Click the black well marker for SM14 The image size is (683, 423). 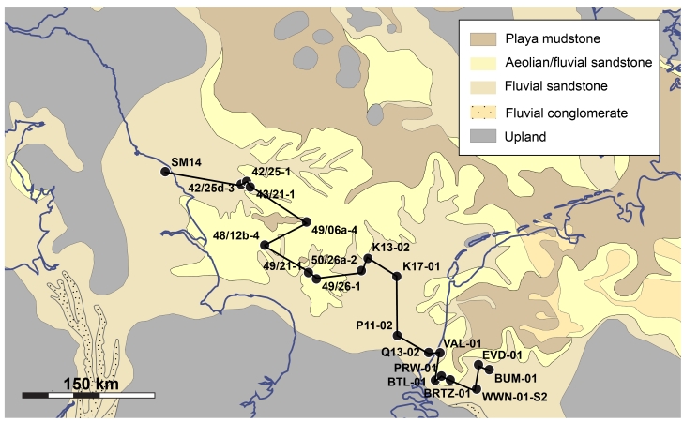click(165, 172)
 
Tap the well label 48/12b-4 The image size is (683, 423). click(236, 235)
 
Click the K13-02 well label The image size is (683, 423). click(391, 248)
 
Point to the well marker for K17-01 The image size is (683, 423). click(395, 271)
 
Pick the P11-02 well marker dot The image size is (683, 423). click(398, 336)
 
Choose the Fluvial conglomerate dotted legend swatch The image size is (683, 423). click(480, 113)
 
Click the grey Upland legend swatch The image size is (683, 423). click(480, 137)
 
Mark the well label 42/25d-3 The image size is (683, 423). click(211, 189)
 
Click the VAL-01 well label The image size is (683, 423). click(463, 343)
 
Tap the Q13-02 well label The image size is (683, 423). click(400, 353)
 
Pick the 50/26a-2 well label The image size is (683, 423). click(334, 259)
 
